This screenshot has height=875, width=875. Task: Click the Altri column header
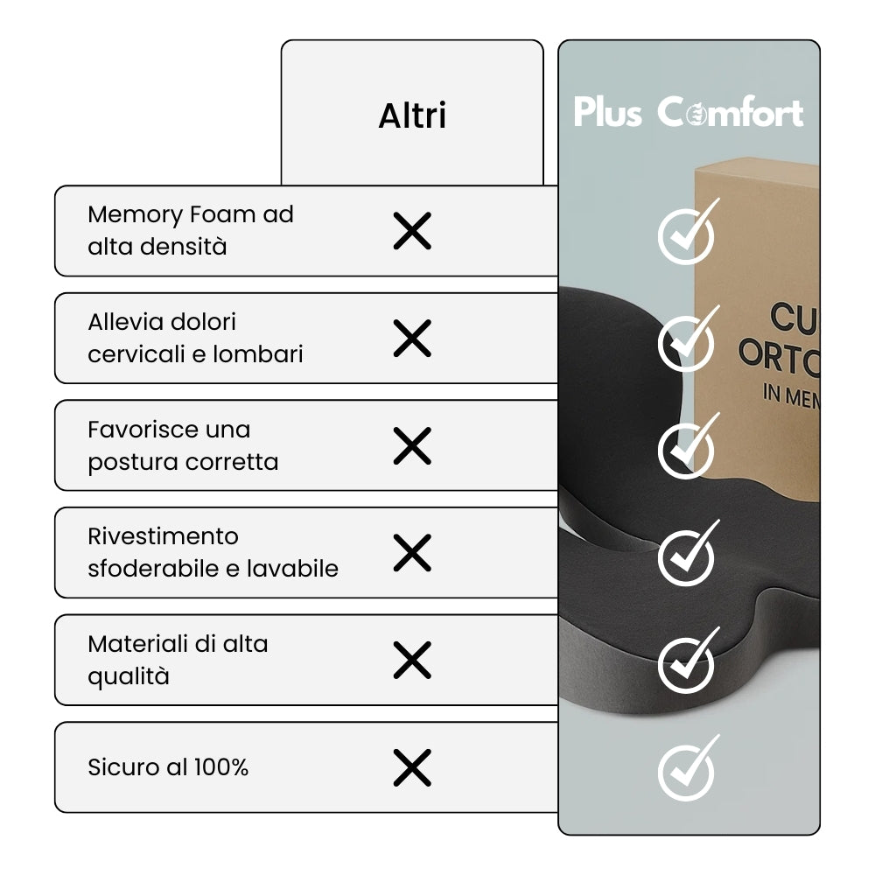412,115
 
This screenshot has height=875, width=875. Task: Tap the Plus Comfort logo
689,113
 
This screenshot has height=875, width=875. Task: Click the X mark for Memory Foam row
412,231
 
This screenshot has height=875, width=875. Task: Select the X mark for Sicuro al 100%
412,767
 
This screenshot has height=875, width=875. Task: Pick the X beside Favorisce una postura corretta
412,445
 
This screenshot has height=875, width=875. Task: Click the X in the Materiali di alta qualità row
412,660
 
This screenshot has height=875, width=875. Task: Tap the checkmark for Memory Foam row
687,234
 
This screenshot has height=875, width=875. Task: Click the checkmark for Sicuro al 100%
687,770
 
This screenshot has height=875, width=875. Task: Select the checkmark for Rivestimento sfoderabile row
687,556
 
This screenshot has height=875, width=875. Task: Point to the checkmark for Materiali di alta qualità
687,662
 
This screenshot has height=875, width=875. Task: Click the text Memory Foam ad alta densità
191,230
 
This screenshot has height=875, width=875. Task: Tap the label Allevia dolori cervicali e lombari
195,338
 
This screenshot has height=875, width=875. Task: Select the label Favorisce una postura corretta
183,445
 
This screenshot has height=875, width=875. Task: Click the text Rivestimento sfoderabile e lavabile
213,552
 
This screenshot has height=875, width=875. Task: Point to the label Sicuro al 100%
168,767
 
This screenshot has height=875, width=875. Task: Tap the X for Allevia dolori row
412,338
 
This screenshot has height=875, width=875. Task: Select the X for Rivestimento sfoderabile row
412,552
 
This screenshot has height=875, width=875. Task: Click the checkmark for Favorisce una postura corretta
687,448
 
